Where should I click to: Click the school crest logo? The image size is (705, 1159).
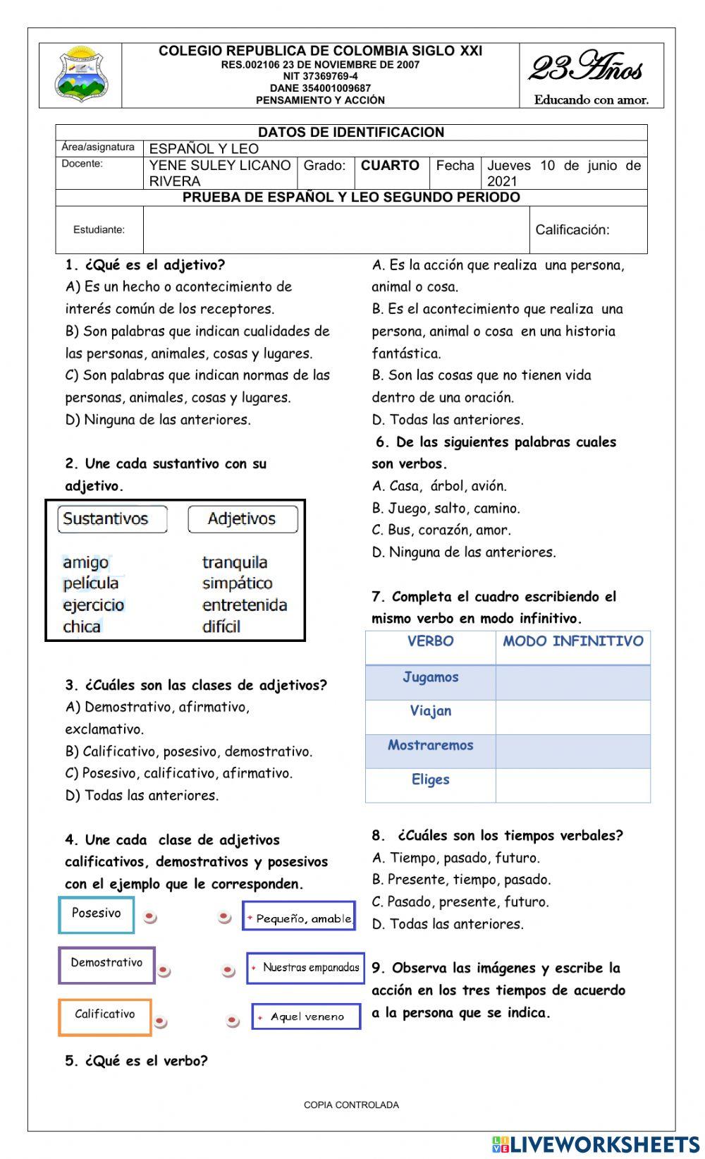click(81, 75)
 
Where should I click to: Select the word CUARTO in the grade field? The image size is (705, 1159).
click(390, 166)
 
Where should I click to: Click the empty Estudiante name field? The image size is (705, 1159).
click(336, 230)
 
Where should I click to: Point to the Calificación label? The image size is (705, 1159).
click(572, 230)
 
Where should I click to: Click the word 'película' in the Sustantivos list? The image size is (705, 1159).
click(91, 583)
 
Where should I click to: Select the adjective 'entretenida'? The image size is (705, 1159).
click(245, 605)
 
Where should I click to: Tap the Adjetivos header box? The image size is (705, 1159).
click(243, 519)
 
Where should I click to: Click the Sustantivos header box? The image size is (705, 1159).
click(112, 519)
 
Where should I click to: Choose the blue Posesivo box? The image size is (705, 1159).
click(96, 914)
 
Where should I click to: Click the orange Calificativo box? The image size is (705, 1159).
click(104, 1016)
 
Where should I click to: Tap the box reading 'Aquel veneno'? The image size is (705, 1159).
click(306, 1017)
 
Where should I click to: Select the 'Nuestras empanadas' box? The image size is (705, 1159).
click(305, 968)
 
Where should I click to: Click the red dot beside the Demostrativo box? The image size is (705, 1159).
click(164, 971)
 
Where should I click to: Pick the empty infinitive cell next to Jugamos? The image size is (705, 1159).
click(572, 682)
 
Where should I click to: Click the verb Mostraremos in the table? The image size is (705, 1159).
click(430, 746)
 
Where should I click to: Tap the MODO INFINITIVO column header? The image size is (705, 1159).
click(572, 642)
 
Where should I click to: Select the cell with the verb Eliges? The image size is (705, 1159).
click(430, 780)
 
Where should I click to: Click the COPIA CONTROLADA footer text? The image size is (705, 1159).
click(351, 1105)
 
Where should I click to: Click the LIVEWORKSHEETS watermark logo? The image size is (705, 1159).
click(595, 1144)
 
